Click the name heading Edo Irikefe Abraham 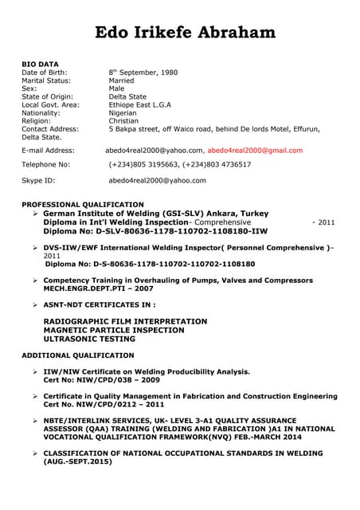pyautogui.click(x=186, y=33)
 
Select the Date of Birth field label pyautogui.click(x=49, y=73)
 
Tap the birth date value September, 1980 pyautogui.click(x=148, y=73)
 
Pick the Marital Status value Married pyautogui.click(x=121, y=80)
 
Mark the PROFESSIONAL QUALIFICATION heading pyautogui.click(x=83, y=205)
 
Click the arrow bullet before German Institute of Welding pyautogui.click(x=35, y=214)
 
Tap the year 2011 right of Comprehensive pyautogui.click(x=327, y=222)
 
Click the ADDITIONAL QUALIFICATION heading pyautogui.click(x=78, y=355)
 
